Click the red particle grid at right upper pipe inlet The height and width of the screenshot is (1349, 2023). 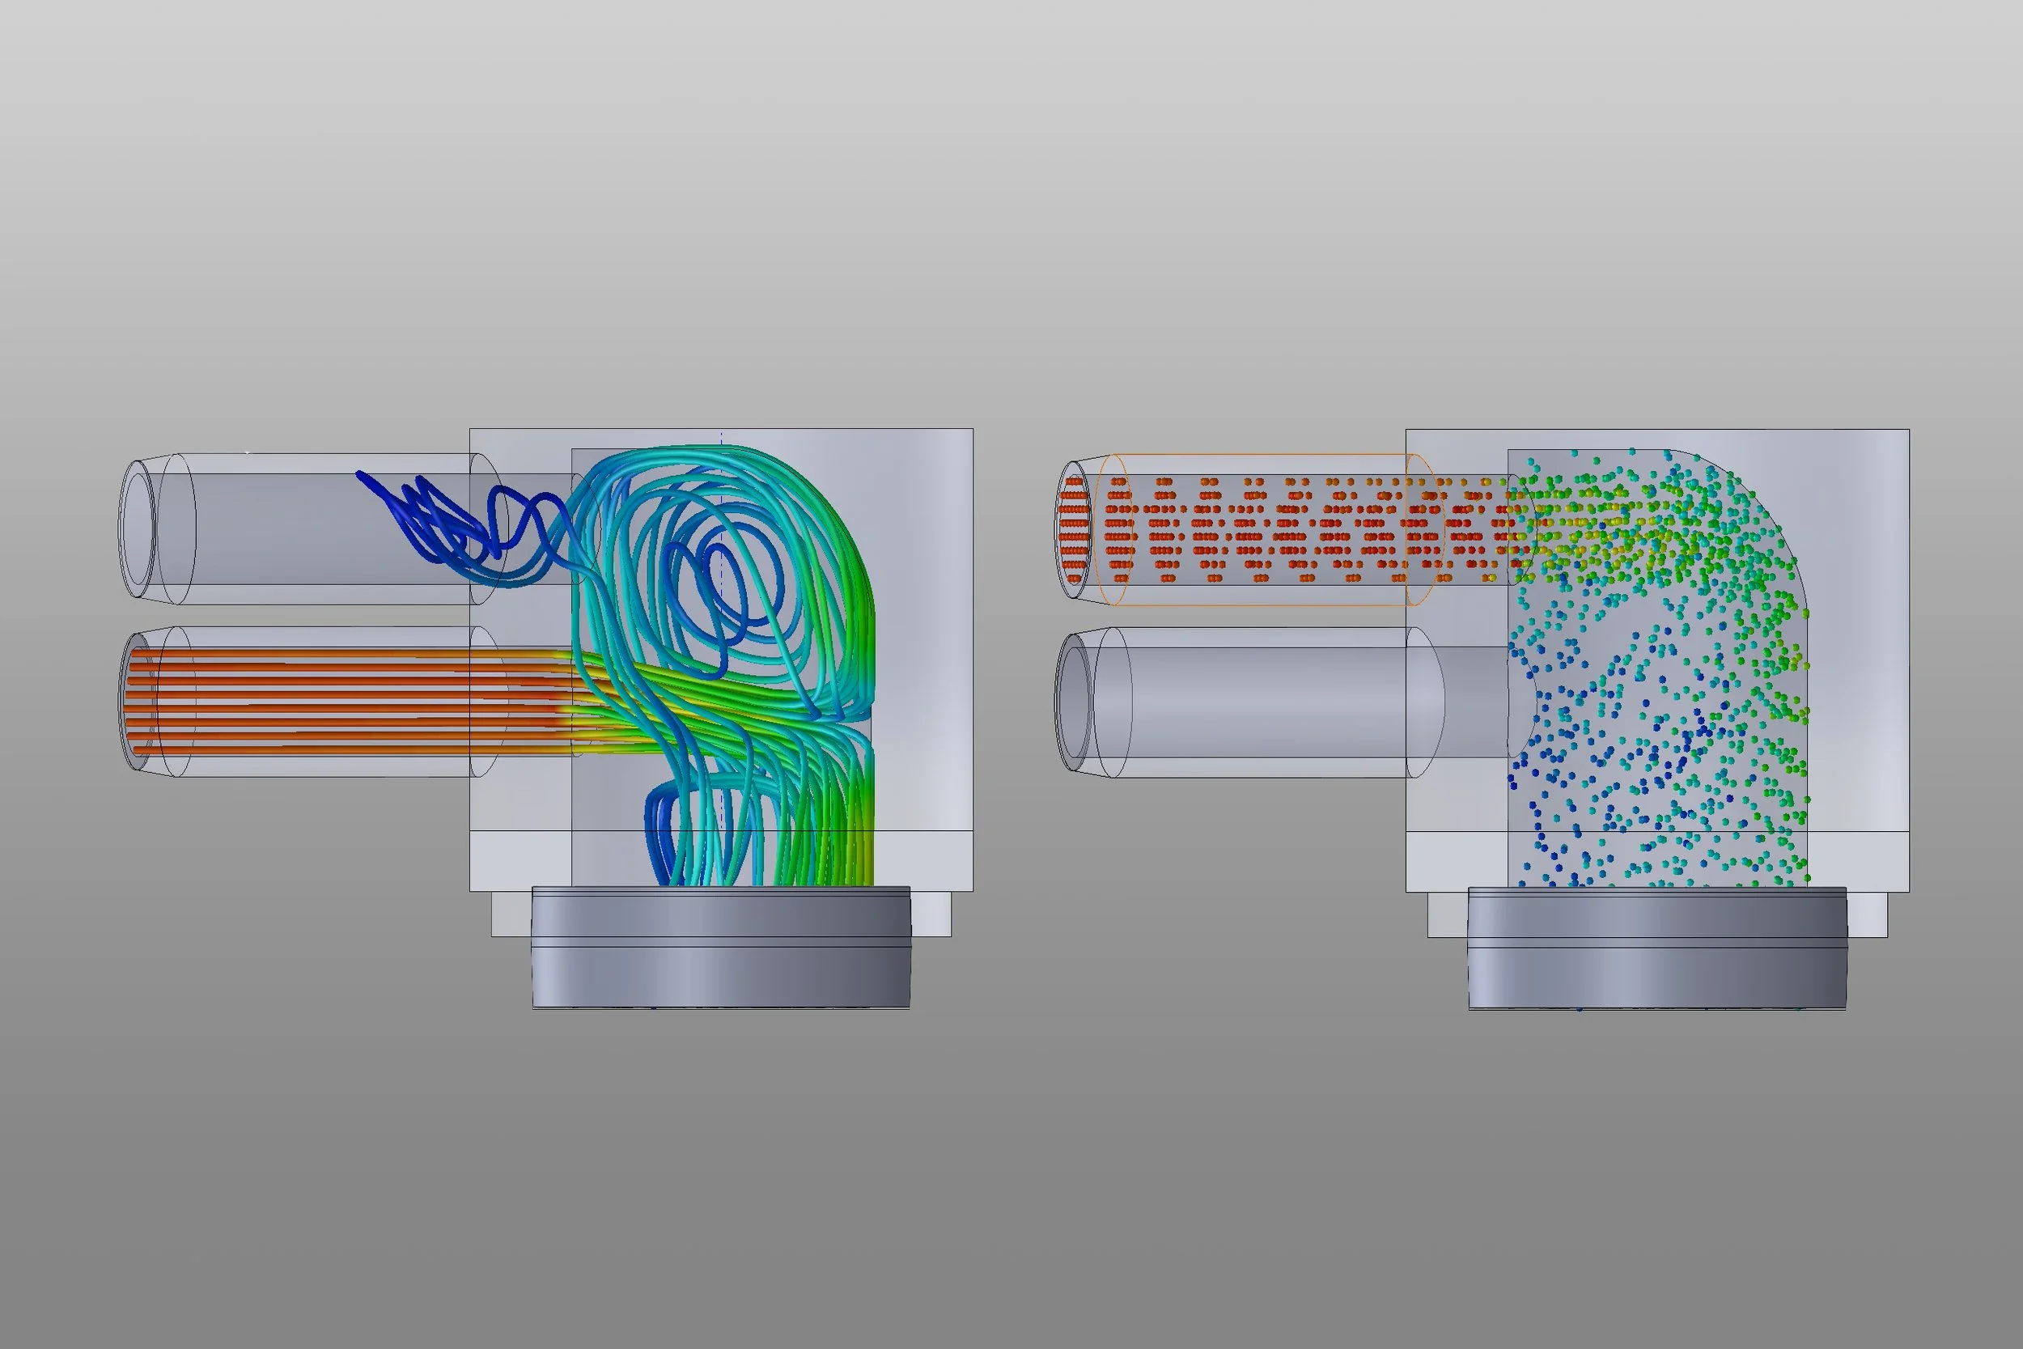[1074, 528]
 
